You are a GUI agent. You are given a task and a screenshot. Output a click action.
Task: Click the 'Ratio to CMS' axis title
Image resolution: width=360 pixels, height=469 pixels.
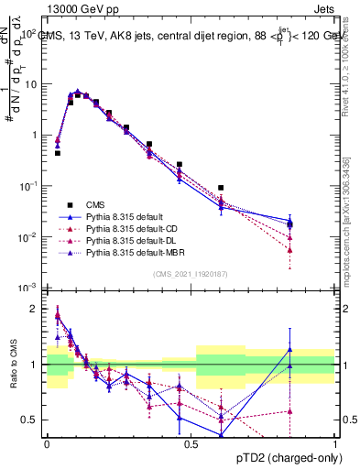click(14, 365)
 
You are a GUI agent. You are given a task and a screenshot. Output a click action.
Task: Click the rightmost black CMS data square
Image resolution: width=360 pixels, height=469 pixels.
click(289, 224)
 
